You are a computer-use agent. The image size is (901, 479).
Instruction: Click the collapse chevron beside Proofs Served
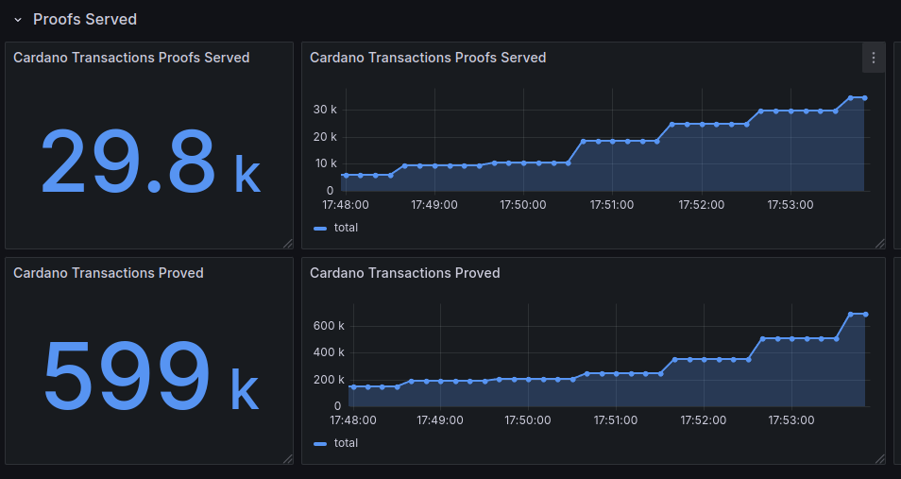(17, 20)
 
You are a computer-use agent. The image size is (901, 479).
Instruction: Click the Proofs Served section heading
(85, 19)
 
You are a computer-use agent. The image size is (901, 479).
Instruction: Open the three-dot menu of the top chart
(874, 58)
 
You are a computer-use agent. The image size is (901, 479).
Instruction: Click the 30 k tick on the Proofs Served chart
(325, 110)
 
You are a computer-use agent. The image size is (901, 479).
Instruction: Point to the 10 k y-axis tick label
(325, 163)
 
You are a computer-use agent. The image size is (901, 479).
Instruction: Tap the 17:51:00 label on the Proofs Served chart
(612, 204)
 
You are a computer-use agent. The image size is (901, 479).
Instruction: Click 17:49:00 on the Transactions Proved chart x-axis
(438, 419)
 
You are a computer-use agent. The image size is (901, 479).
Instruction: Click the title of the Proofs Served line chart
(428, 58)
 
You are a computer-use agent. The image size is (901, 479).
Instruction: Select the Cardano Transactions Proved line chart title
(404, 273)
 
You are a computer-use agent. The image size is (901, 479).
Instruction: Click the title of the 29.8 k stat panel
(131, 58)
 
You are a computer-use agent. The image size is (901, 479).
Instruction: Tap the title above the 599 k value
(109, 273)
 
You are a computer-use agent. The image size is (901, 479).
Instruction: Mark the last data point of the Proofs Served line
(865, 97)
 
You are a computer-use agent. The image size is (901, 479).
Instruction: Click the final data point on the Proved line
(866, 315)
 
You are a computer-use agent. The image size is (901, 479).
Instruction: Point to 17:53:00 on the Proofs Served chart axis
(790, 204)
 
